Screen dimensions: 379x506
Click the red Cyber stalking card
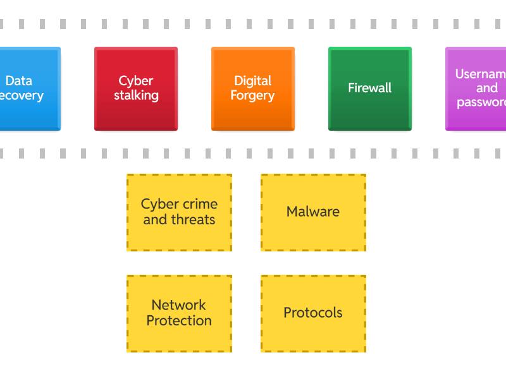[136, 88]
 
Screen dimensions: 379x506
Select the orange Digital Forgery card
[253, 88]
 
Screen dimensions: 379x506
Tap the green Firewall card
[370, 88]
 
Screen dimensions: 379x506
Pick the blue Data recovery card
[28, 88]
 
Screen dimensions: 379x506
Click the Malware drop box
[313, 212]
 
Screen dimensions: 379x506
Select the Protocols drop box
[313, 313]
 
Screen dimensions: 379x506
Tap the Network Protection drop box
[179, 313]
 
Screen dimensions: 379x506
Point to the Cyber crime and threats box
[179, 212]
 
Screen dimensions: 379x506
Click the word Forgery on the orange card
[252, 96]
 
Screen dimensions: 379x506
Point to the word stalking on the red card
[136, 96]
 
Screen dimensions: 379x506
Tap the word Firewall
[370, 88]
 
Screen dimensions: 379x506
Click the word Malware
[313, 212]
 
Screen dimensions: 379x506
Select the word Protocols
[313, 313]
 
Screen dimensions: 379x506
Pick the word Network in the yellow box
[179, 306]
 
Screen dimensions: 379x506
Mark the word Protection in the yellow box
[179, 321]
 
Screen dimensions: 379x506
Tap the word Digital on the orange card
[252, 81]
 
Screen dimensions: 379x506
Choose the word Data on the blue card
[19, 81]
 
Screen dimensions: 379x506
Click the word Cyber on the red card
[136, 81]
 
